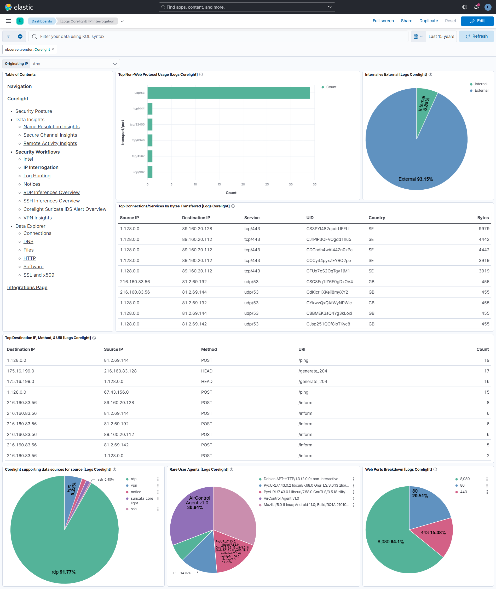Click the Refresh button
pos(476,36)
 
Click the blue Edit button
pos(477,21)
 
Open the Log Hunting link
pos(37,176)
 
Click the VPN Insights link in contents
pos(37,218)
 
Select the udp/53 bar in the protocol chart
pos(228,93)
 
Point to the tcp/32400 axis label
pos(137,125)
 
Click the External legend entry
pos(481,90)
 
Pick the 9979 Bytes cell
pos(484,229)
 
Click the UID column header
pos(310,218)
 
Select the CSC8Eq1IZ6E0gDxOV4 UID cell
pos(329,282)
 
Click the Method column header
pos(209,349)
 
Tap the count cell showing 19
pos(486,360)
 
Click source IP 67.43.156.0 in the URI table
pos(116,392)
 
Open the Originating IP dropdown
pos(74,64)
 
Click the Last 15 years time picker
pos(441,36)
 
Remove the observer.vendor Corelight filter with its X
pos(53,49)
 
